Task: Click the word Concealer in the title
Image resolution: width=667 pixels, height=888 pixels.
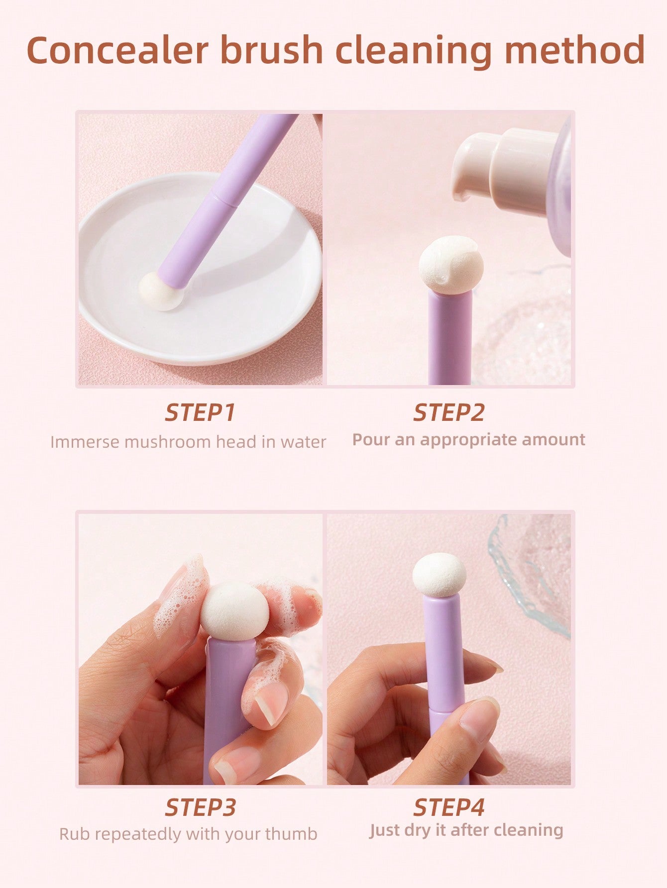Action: pyautogui.click(x=117, y=50)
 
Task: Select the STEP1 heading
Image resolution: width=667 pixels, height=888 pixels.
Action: pyautogui.click(x=200, y=413)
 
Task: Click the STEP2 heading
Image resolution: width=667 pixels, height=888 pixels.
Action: pyautogui.click(x=448, y=413)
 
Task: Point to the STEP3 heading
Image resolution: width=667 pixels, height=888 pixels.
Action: pyautogui.click(x=200, y=808)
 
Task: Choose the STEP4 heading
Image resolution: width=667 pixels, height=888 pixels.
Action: pyautogui.click(x=448, y=808)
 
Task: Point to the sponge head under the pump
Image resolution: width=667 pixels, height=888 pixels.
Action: pyautogui.click(x=451, y=262)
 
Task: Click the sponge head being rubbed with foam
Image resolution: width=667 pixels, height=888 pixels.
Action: pyautogui.click(x=234, y=610)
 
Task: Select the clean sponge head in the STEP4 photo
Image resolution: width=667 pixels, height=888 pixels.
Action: pyautogui.click(x=439, y=575)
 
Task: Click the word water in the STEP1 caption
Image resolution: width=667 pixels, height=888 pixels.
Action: pyautogui.click(x=304, y=442)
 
